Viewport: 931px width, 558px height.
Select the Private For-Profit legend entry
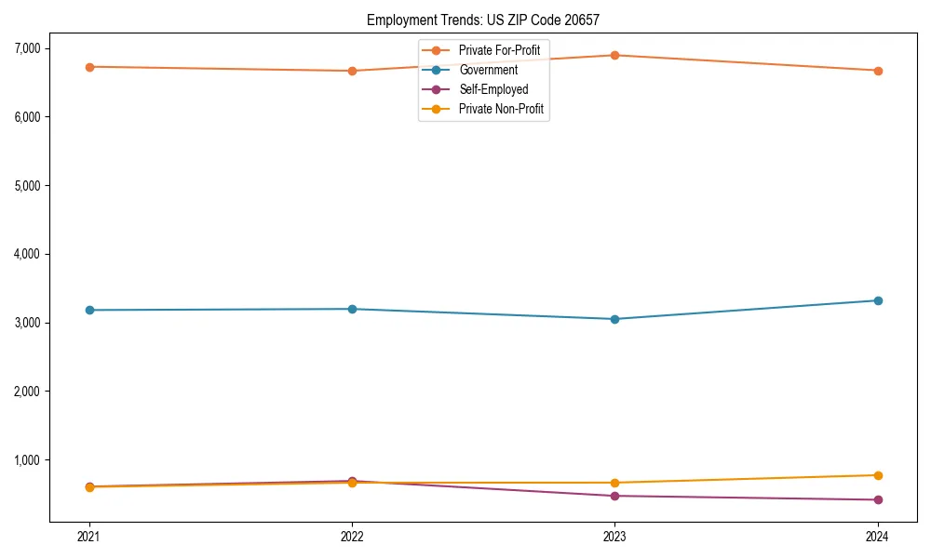[499, 49]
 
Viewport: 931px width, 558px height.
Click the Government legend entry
[488, 70]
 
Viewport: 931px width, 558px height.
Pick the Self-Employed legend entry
[493, 89]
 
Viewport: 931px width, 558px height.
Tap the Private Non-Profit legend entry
[501, 109]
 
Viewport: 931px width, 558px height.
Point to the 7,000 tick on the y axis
[26, 48]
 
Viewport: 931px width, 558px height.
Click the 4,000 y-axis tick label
[26, 254]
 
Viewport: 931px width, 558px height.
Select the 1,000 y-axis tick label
[26, 460]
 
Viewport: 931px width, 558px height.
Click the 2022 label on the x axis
[352, 537]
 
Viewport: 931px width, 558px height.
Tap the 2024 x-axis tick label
[877, 537]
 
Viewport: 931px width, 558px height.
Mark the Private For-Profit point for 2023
[614, 55]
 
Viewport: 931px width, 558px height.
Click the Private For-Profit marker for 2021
[89, 67]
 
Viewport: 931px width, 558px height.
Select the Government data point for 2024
[877, 300]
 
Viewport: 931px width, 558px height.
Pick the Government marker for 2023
[614, 319]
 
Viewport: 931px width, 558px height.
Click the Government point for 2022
[352, 309]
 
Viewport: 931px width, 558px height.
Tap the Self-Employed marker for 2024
[877, 499]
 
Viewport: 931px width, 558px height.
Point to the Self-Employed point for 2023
[614, 496]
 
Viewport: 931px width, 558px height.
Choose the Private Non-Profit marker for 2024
[877, 475]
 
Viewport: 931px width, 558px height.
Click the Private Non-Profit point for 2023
[614, 483]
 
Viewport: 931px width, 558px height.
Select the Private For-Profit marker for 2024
[877, 71]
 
